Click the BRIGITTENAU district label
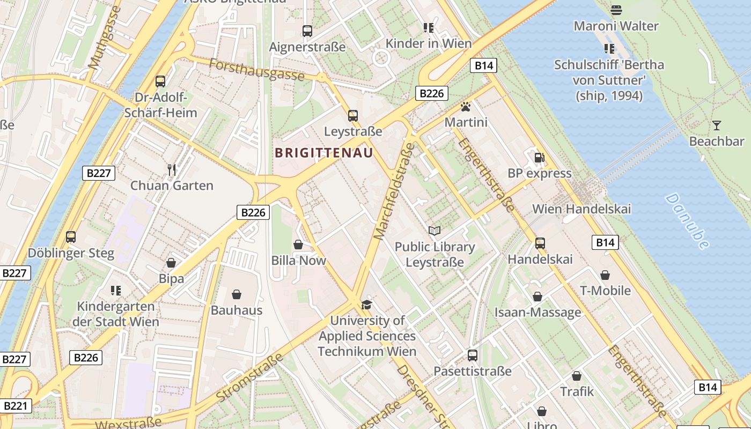[323, 153]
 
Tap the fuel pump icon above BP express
[539, 158]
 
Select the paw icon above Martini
[466, 107]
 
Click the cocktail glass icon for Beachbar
[717, 125]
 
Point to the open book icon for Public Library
[435, 231]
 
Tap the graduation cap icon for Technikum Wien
[366, 305]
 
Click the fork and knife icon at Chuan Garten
[172, 170]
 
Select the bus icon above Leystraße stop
[352, 115]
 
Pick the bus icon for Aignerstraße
[307, 31]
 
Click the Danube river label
[688, 221]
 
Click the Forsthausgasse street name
[256, 70]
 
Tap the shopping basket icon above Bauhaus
[237, 294]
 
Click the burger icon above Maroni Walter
[616, 10]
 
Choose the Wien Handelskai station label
[581, 209]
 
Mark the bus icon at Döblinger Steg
[70, 236]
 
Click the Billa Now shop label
[299, 261]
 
